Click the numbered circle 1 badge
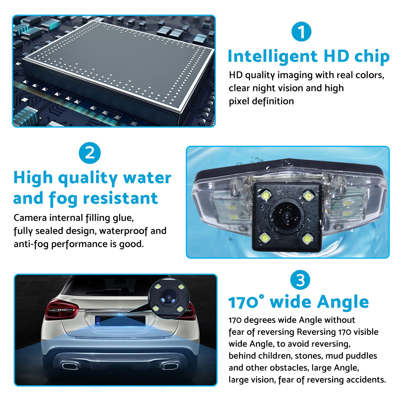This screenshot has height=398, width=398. [x=301, y=32]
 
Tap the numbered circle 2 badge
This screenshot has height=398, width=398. [x=90, y=153]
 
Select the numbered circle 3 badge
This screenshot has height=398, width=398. [x=300, y=280]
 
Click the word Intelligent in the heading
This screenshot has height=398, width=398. [x=273, y=56]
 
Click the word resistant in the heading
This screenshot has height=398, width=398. [x=121, y=198]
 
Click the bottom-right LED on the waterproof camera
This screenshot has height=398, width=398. [x=308, y=239]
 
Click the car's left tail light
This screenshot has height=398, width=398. [x=62, y=309]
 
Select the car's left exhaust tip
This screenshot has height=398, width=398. [x=70, y=366]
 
